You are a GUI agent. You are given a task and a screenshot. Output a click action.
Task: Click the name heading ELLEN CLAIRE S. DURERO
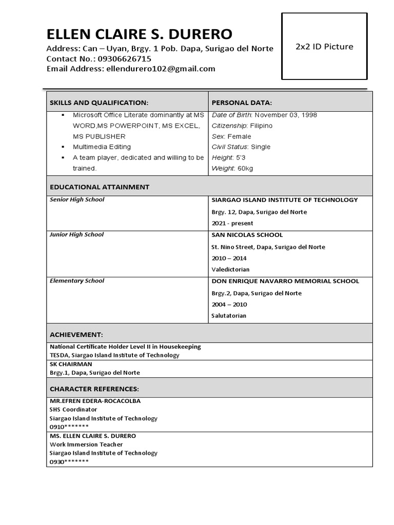tap(139, 34)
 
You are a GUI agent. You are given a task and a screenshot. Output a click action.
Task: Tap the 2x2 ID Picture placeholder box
tap(324, 47)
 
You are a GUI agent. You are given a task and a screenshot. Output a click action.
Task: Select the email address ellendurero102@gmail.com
tap(160, 69)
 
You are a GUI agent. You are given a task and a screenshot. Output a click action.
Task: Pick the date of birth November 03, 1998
tap(286, 115)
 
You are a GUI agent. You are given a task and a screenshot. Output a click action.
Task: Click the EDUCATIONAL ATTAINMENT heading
tap(100, 187)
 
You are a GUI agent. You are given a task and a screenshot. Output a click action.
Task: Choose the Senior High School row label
tap(77, 199)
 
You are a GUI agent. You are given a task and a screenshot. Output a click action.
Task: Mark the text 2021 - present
tap(232, 223)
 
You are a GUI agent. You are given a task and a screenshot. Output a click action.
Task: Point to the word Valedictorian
tap(231, 269)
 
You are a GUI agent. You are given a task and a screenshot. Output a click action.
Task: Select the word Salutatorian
tap(229, 315)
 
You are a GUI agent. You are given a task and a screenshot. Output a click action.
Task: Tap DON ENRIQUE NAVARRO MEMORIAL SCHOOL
tap(285, 281)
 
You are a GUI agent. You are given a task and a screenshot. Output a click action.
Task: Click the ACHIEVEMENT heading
tap(76, 335)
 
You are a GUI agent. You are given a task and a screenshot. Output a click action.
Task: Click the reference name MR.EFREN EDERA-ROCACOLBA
tap(95, 401)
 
